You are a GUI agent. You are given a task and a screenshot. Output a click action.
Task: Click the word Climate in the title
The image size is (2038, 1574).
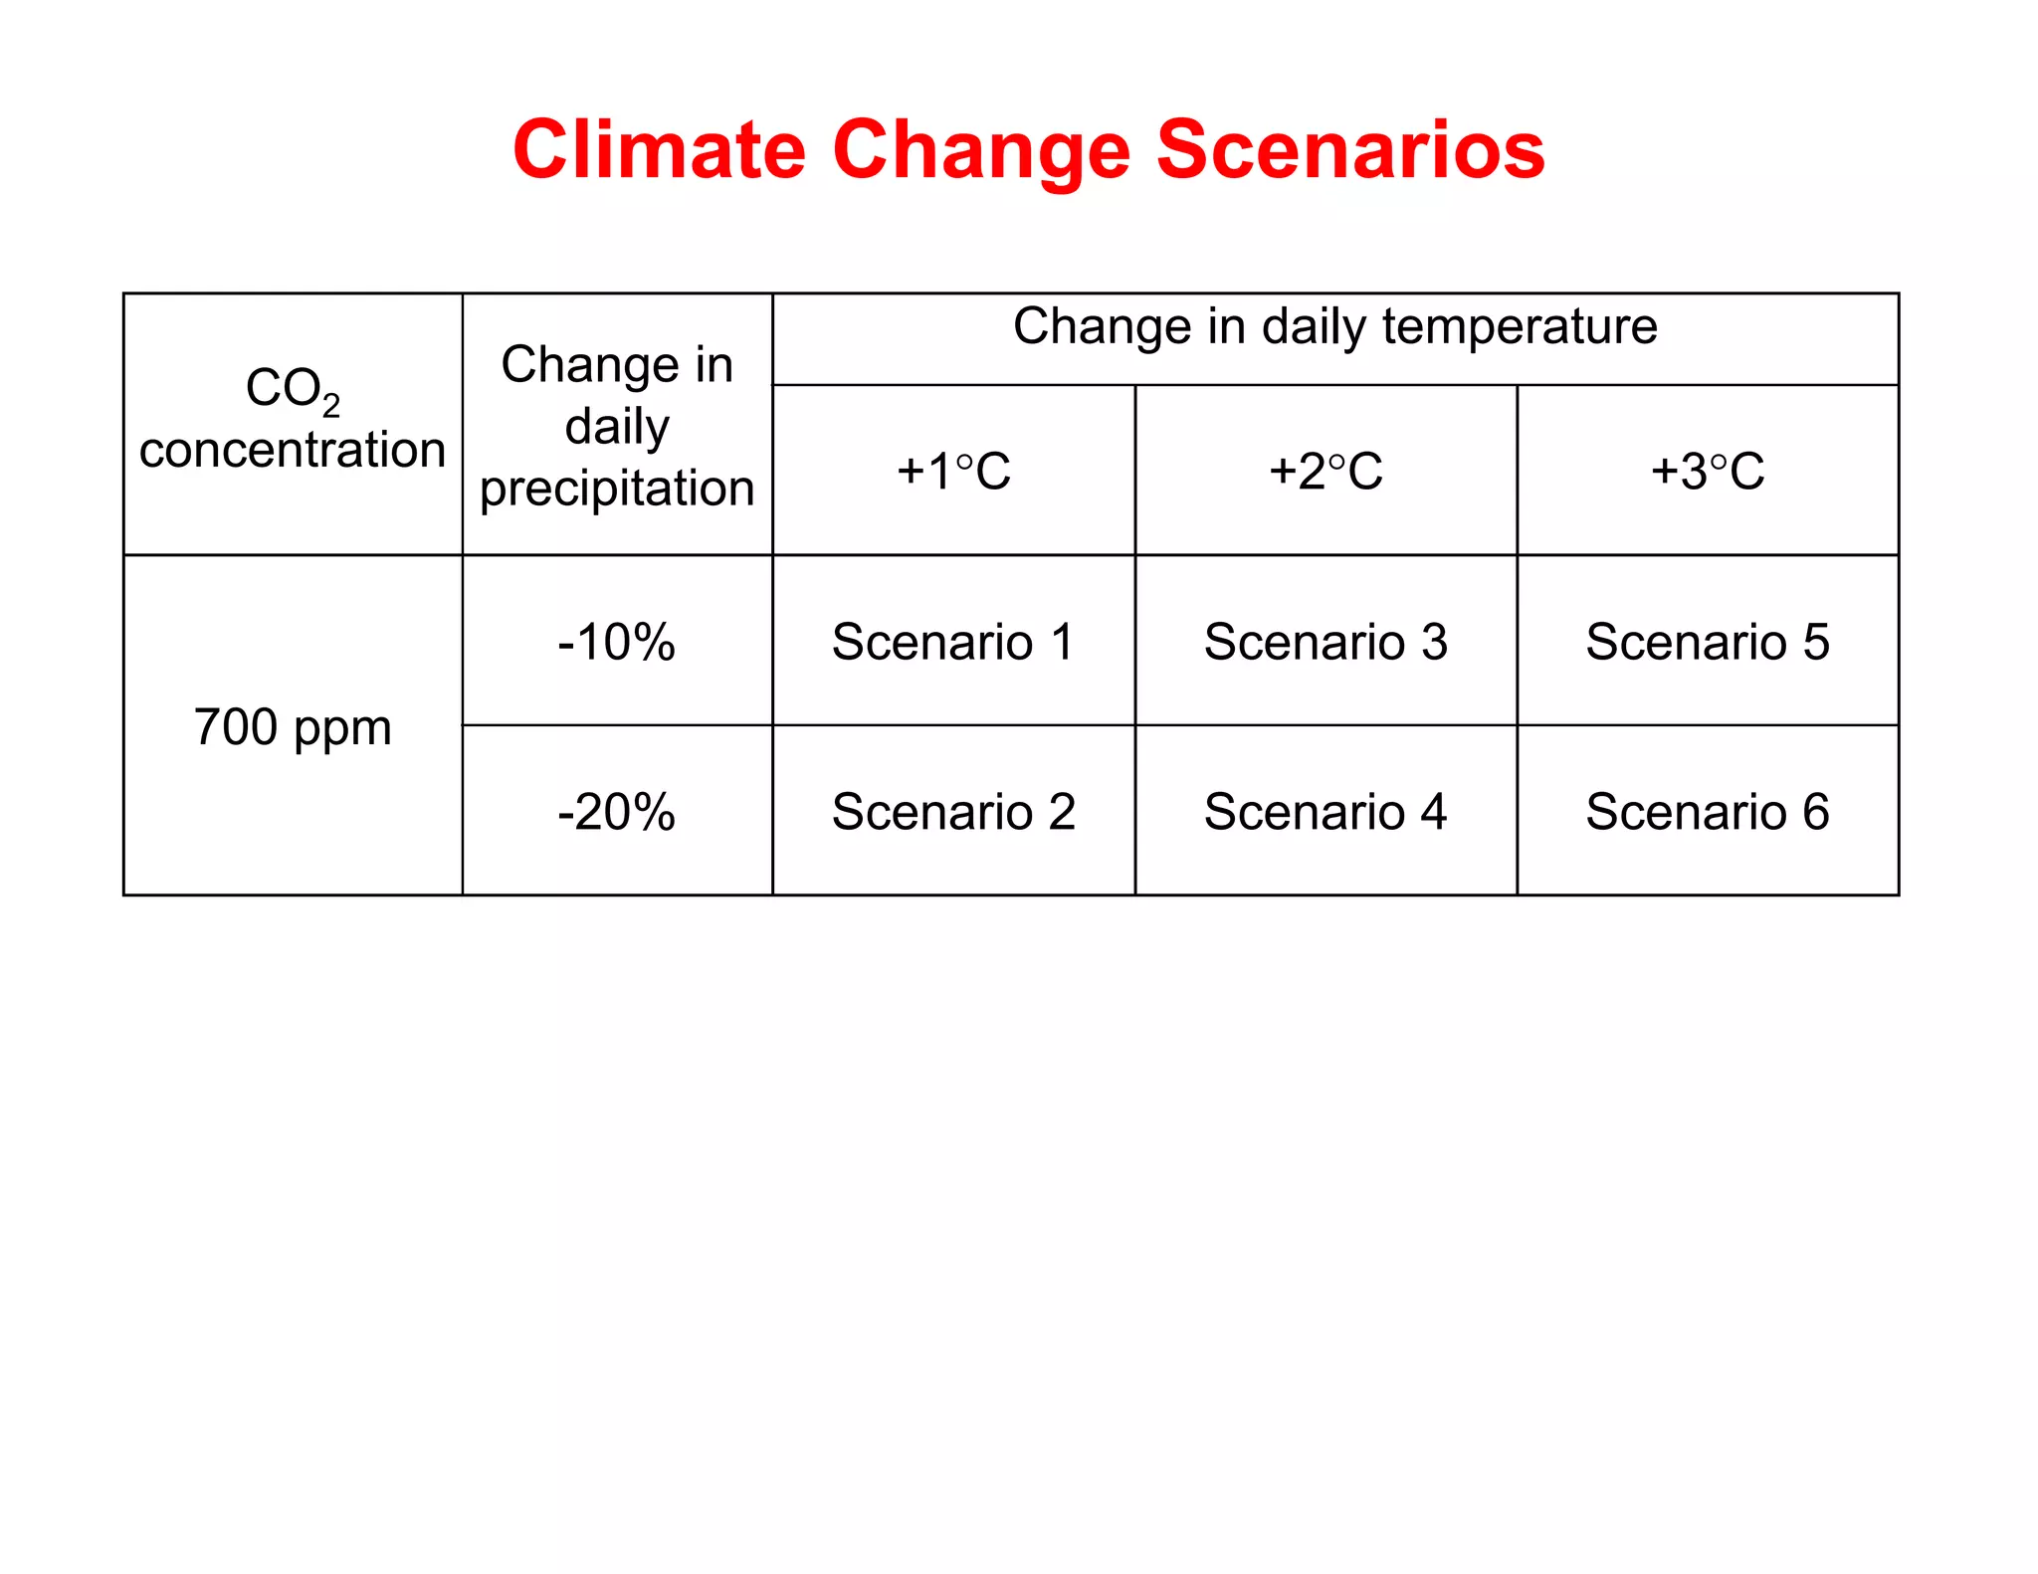(x=659, y=149)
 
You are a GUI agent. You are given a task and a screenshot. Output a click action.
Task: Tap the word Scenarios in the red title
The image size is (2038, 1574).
(x=1350, y=149)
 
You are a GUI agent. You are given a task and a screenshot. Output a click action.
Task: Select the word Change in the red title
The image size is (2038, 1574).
(x=980, y=151)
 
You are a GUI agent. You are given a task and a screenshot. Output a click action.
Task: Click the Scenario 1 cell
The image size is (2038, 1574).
(x=953, y=641)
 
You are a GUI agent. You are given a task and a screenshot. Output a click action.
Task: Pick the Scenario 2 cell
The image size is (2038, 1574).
(x=953, y=811)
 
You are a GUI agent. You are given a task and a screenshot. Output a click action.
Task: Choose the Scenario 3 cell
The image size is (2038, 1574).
(x=1325, y=641)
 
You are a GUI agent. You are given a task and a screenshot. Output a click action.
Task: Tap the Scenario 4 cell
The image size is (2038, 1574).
(x=1325, y=811)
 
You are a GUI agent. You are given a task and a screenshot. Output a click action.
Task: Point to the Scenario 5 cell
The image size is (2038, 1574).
(x=1708, y=641)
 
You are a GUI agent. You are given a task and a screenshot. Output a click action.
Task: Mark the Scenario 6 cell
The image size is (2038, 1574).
(x=1708, y=811)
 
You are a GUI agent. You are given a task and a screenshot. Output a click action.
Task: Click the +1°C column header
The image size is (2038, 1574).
(x=953, y=471)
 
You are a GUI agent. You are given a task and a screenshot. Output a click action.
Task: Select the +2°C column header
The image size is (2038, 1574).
(x=1325, y=471)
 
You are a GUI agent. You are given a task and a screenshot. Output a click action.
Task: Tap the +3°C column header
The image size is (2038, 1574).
(x=1708, y=471)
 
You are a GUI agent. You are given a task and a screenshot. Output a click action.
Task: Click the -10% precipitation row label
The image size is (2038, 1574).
(x=617, y=641)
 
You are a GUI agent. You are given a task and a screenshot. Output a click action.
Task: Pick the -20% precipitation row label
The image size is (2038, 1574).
(x=617, y=811)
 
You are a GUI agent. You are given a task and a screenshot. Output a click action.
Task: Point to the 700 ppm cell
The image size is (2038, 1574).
(x=293, y=726)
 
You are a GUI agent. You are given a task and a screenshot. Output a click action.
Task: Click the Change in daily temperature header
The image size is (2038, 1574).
(x=1334, y=326)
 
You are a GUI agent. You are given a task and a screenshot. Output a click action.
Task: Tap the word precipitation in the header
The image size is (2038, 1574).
(x=617, y=488)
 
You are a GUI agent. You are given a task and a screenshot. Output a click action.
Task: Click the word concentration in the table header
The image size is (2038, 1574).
(x=293, y=450)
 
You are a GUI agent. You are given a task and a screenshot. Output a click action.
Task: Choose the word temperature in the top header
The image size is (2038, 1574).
(x=1520, y=326)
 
